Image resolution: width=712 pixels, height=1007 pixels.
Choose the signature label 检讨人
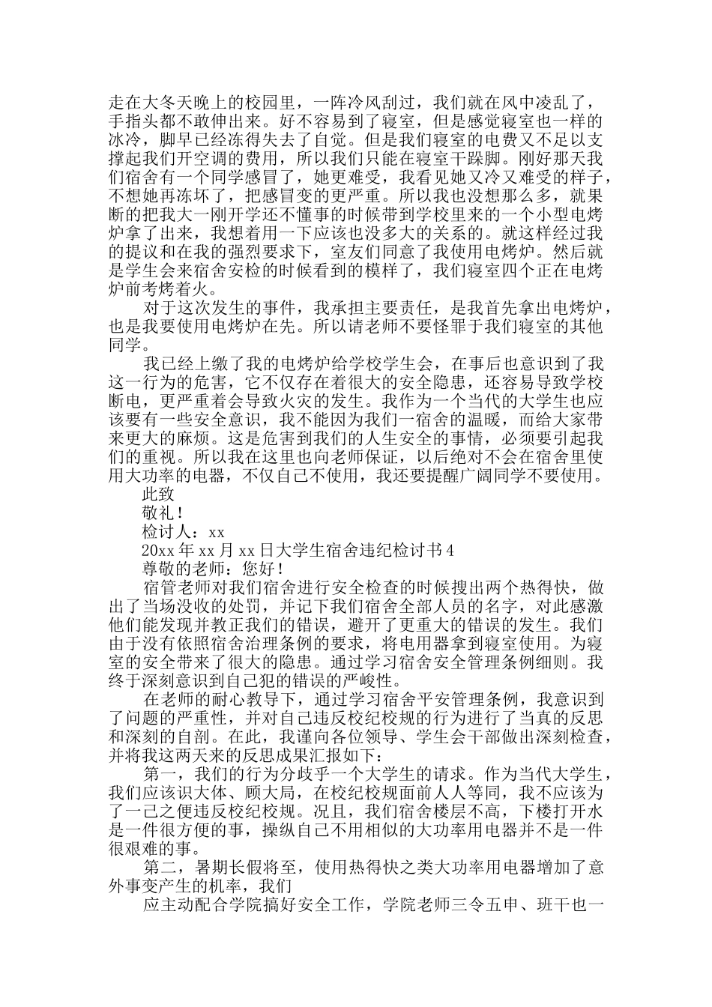coord(168,532)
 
